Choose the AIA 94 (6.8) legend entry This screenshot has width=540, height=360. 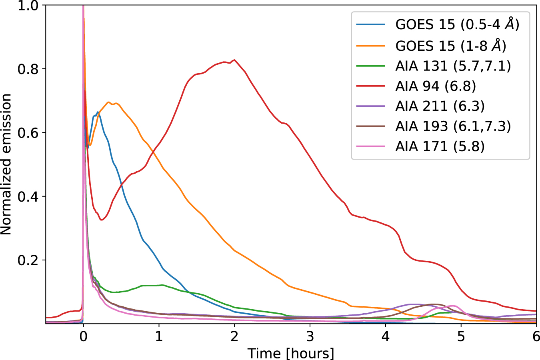point(436,86)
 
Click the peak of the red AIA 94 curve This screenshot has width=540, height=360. point(234,60)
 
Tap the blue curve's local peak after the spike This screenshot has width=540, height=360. point(97,112)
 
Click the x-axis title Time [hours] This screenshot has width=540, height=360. point(291,353)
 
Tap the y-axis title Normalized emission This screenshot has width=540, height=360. point(6,164)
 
